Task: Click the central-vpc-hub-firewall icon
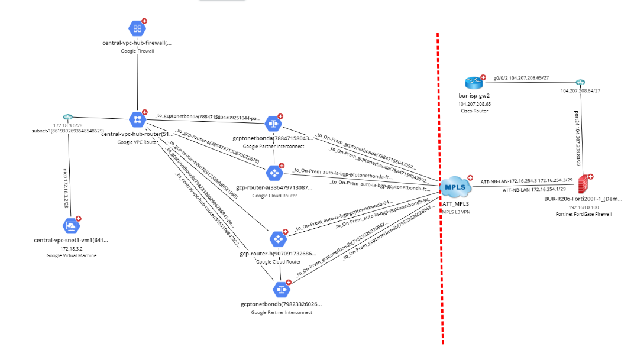pyautogui.click(x=137, y=28)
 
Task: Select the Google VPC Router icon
pyautogui.click(x=137, y=119)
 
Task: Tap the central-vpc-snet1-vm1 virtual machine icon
pyautogui.click(x=70, y=226)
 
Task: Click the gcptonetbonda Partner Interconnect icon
pyautogui.click(x=273, y=124)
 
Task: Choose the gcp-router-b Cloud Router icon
pyautogui.click(x=277, y=239)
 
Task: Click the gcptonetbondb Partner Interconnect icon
pyautogui.click(x=280, y=290)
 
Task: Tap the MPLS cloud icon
pyautogui.click(x=455, y=188)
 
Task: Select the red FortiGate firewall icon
pyautogui.click(x=585, y=183)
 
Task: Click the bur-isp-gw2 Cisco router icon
pyautogui.click(x=474, y=83)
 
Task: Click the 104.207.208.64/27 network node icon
pyautogui.click(x=580, y=82)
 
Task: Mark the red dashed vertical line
pyautogui.click(x=438, y=266)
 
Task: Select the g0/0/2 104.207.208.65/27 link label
pyautogui.click(x=523, y=77)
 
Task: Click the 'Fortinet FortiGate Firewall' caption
pyautogui.click(x=584, y=214)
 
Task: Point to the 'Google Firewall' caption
pyautogui.click(x=137, y=51)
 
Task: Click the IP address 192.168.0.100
pyautogui.click(x=584, y=207)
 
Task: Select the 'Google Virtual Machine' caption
pyautogui.click(x=72, y=255)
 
